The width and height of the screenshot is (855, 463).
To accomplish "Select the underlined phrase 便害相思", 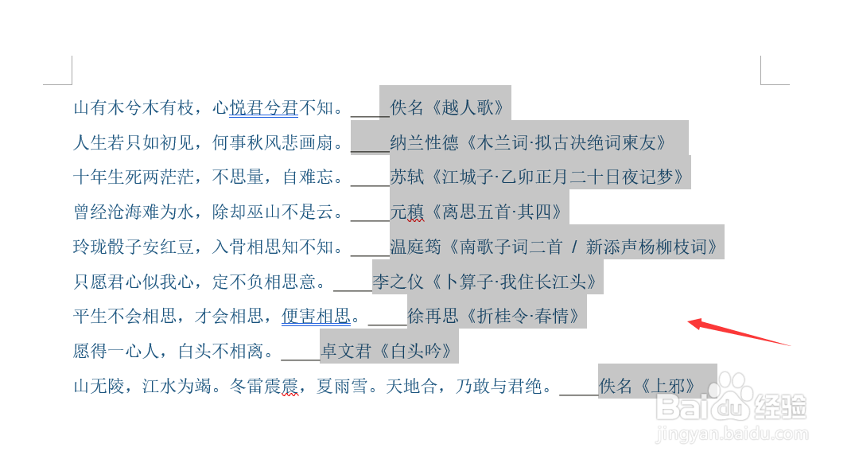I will click(x=316, y=316).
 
